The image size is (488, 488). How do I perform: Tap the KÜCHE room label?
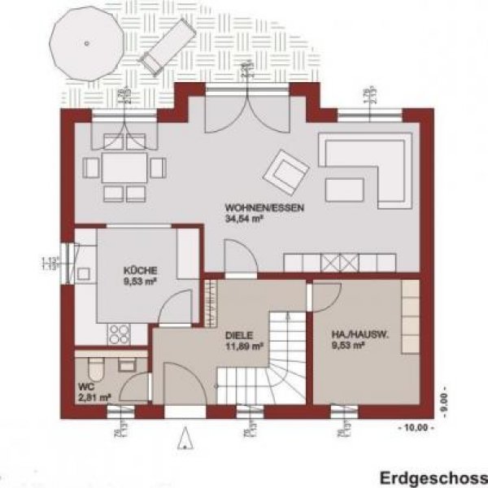(x=141, y=270)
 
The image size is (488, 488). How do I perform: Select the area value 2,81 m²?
(x=94, y=399)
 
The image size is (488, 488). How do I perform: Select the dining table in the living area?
(x=124, y=168)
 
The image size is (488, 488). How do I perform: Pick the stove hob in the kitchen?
(x=120, y=333)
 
